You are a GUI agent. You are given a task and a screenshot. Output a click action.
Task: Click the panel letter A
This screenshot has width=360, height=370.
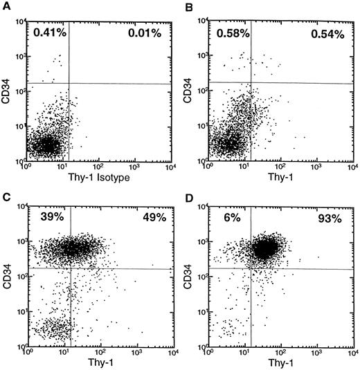tap(6, 6)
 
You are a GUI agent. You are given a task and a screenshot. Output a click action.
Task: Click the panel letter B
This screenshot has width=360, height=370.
tap(192, 6)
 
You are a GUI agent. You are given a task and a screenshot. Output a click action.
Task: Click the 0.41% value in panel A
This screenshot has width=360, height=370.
tap(47, 32)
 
